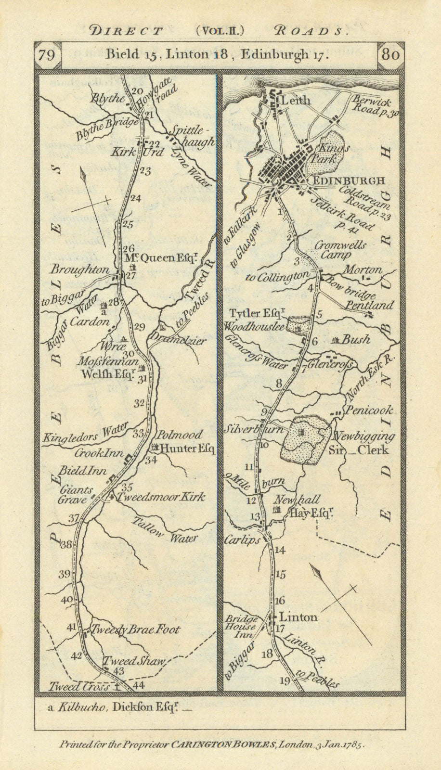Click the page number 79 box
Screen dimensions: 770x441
pyautogui.click(x=47, y=55)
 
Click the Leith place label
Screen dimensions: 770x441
pyautogui.click(x=296, y=101)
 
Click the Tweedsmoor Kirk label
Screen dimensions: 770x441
pyautogui.click(x=159, y=497)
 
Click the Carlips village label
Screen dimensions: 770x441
pyautogui.click(x=242, y=539)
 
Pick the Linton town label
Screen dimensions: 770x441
pyautogui.click(x=299, y=617)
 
